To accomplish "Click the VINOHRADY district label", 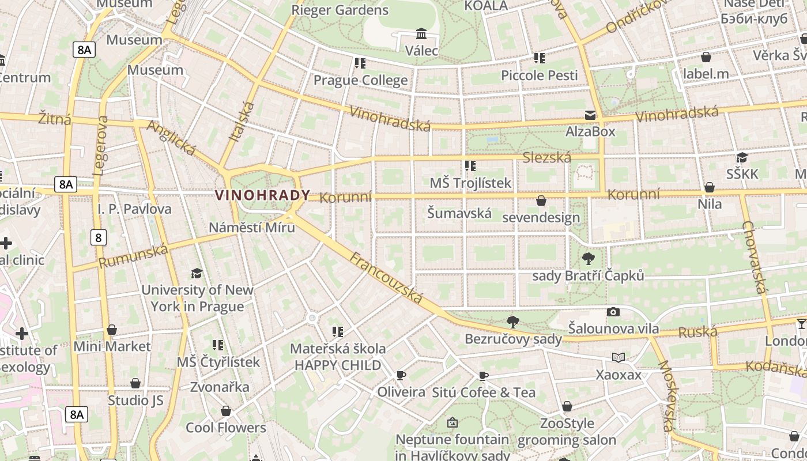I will [x=263, y=195].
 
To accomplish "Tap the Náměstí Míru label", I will [x=252, y=227].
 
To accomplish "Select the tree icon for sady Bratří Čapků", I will [x=588, y=259].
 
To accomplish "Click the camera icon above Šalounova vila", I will [x=613, y=312].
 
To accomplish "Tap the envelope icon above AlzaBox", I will [x=590, y=115].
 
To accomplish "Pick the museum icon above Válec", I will [x=421, y=34].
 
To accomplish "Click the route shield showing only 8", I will [x=98, y=237].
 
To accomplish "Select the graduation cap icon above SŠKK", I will [x=742, y=158].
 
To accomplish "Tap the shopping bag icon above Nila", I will [x=710, y=188].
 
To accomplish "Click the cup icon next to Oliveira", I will [x=401, y=376].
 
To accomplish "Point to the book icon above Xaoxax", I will [x=619, y=358].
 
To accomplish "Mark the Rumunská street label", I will [x=133, y=256].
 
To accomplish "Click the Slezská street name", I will [x=546, y=157].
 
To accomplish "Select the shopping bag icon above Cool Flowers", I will [x=226, y=411].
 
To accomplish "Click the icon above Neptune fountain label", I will [x=452, y=423].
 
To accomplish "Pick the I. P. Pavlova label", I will [x=134, y=209].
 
